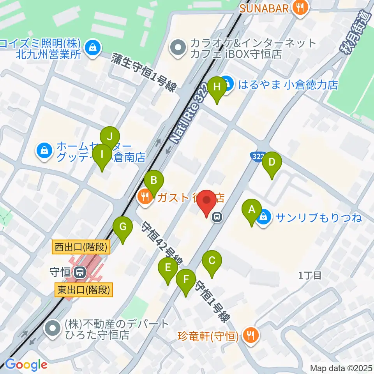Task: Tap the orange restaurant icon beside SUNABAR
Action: pyautogui.click(x=300, y=7)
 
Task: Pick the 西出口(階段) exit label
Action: pyautogui.click(x=82, y=246)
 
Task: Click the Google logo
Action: pyautogui.click(x=26, y=365)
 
